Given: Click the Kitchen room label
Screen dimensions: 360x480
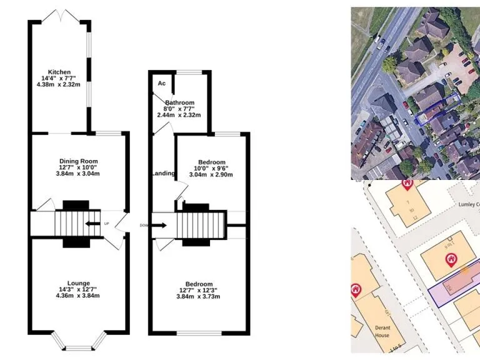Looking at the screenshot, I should click(x=61, y=72).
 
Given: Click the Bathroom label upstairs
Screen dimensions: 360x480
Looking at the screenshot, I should click(x=179, y=102).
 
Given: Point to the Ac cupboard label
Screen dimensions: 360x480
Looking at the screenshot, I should click(x=161, y=84).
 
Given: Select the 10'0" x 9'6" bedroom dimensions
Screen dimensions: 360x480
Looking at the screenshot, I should click(x=211, y=168).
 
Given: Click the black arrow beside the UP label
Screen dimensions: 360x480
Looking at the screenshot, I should click(x=93, y=223).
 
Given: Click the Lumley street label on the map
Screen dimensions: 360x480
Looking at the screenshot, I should click(x=469, y=204).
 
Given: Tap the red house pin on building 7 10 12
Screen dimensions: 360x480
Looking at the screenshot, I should click(x=407, y=184).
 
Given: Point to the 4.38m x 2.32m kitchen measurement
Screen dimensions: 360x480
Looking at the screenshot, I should click(x=61, y=84).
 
